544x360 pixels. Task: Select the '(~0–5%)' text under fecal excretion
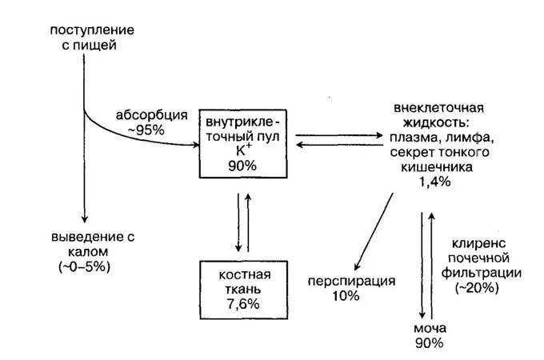pyautogui.click(x=85, y=266)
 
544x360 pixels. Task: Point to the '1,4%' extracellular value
pyautogui.click(x=434, y=182)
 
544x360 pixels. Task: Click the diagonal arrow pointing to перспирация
pyautogui.click(x=373, y=231)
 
